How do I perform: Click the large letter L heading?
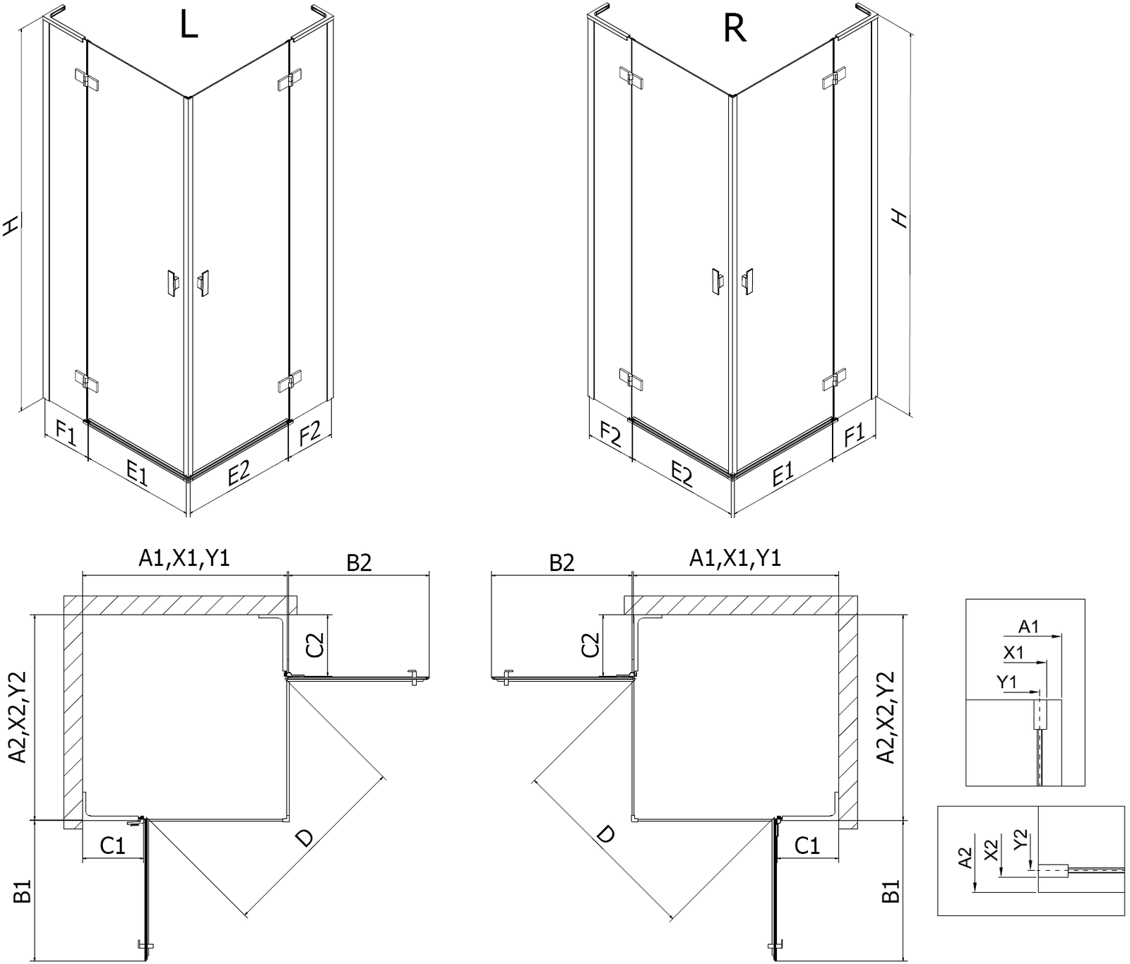coord(189,26)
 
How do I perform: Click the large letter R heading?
coord(735,29)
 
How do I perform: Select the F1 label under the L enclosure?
coord(65,431)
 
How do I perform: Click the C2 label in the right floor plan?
coord(591,644)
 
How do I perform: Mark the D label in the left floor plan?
coord(304,838)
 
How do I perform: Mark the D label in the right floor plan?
coord(605,835)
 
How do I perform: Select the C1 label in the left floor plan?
coord(112,845)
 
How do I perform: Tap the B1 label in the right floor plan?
coord(891,891)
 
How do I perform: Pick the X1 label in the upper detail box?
coord(1013,653)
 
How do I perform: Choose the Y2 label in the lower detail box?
coord(1020,841)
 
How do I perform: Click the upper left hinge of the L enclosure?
coord(86,78)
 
